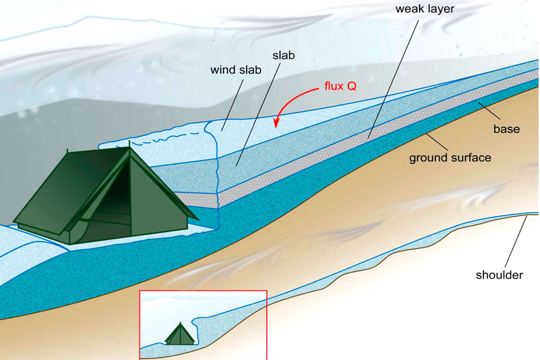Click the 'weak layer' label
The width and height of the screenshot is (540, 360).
[425, 9]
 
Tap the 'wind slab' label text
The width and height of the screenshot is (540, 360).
[236, 70]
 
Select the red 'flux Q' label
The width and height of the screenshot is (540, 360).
[340, 86]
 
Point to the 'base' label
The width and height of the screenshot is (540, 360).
[507, 129]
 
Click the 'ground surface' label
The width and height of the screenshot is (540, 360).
[450, 158]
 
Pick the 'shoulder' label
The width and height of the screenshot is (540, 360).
[499, 275]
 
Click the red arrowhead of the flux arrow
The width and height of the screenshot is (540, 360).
[276, 122]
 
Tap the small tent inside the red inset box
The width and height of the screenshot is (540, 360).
[180, 334]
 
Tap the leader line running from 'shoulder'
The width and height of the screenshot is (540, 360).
[516, 242]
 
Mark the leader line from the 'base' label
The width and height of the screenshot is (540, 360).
[489, 111]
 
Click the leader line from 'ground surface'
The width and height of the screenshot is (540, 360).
[437, 142]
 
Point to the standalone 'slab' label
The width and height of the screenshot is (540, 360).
[284, 55]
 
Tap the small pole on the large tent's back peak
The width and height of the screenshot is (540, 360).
[67, 151]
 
